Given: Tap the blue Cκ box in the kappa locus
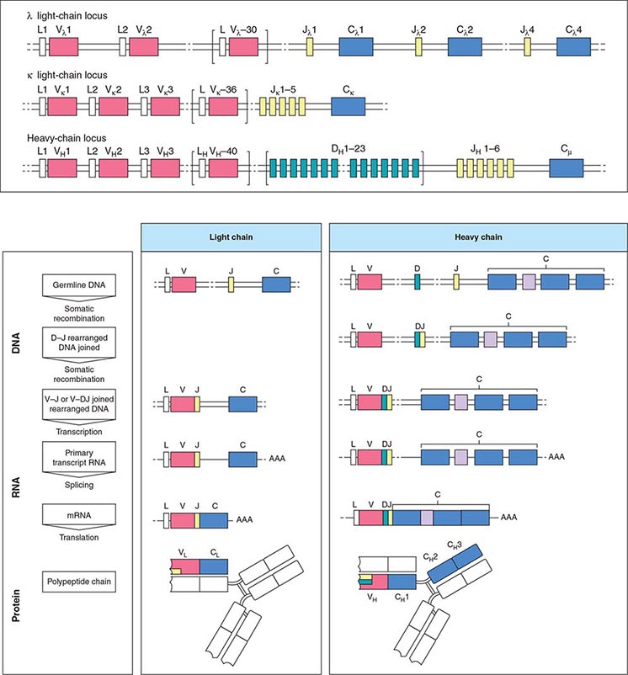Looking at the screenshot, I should [x=343, y=106].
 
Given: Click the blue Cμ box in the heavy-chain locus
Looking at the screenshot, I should [x=566, y=167].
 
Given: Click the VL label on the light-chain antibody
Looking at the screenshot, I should [x=181, y=554].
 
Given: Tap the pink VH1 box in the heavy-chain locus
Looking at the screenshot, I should [x=62, y=167].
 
